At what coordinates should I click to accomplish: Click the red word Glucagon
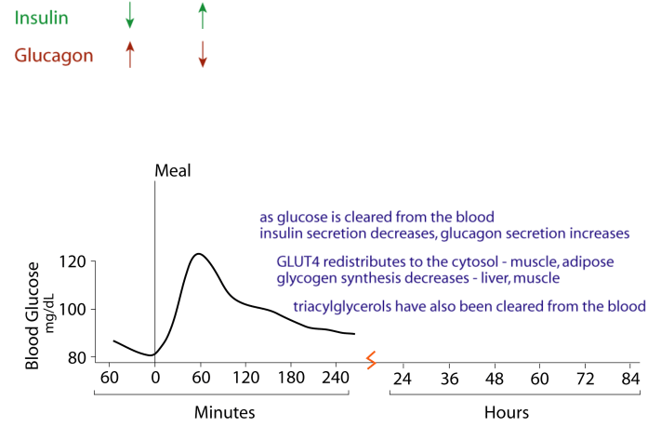coord(53,56)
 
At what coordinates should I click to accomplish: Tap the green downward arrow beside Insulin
coord(130,16)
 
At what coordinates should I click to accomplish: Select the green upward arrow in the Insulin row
coord(202,16)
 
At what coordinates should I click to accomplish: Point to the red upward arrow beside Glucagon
coord(130,54)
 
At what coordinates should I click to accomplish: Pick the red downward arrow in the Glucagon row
coord(202,54)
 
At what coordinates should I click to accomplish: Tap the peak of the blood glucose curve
coord(197,253)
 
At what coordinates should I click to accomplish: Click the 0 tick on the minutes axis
coord(155,379)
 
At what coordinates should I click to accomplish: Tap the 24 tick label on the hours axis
coord(403,379)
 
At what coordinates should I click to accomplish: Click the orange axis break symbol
coord(370,358)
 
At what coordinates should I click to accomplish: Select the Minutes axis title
coord(224,411)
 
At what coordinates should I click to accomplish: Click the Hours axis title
coord(507,411)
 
